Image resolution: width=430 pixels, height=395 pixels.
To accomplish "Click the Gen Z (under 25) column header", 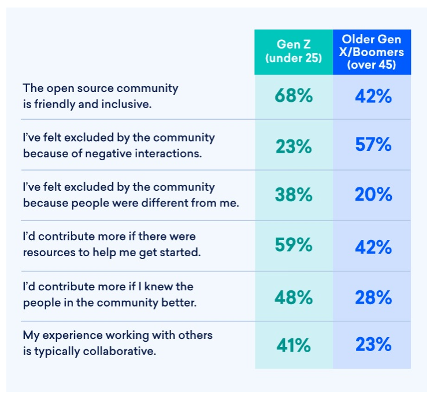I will point(294,51).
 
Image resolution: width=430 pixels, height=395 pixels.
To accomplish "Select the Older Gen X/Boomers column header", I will point(372,51).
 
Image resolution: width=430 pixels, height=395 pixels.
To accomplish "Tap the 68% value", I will point(294,95).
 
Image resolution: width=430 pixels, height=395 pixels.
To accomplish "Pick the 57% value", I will point(373,145).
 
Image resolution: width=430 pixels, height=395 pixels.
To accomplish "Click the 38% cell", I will point(294,195).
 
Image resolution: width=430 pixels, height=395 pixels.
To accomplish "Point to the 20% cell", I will point(373,195).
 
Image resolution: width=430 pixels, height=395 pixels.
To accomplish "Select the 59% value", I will point(294,245).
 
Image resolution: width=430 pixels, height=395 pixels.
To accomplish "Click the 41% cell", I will point(294,345).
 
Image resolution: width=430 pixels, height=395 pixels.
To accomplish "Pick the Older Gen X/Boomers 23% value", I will point(373,345).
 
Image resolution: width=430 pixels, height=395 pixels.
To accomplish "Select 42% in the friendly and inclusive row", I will point(373,95).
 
